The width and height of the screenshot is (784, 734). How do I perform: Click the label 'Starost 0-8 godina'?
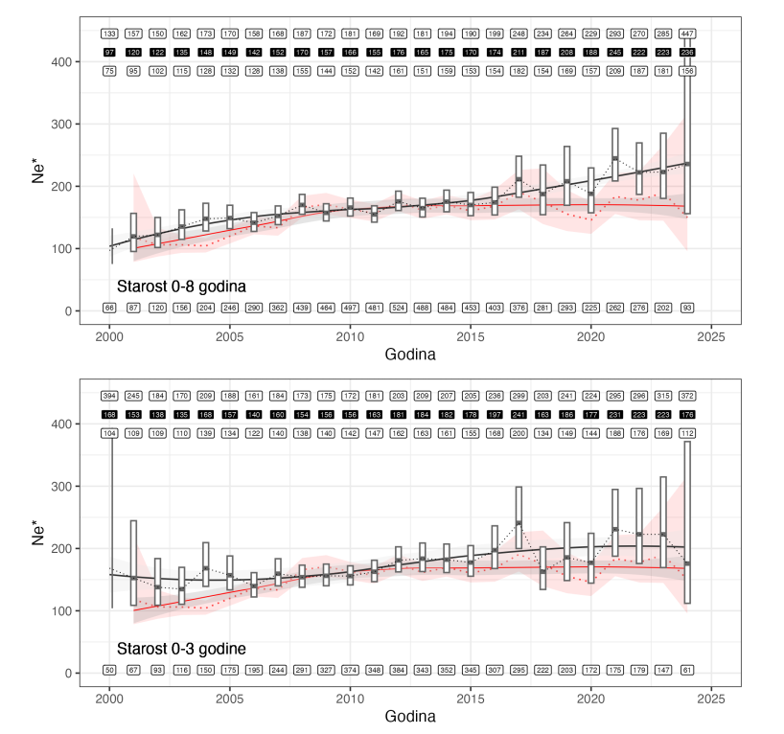tap(181, 286)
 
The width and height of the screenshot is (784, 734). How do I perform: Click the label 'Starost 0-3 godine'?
tap(181, 649)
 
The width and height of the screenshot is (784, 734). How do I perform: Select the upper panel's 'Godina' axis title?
tap(410, 355)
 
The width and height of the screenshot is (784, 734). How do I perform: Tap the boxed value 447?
tap(687, 34)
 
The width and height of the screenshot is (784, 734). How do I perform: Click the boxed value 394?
tap(109, 396)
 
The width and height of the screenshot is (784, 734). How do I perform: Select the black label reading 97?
tap(109, 52)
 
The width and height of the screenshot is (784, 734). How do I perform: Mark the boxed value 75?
tap(109, 70)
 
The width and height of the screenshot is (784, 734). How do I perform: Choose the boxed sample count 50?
tap(109, 670)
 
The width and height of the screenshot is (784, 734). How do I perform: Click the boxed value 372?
tap(687, 396)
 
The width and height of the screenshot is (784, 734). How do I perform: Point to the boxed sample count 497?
tap(350, 308)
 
